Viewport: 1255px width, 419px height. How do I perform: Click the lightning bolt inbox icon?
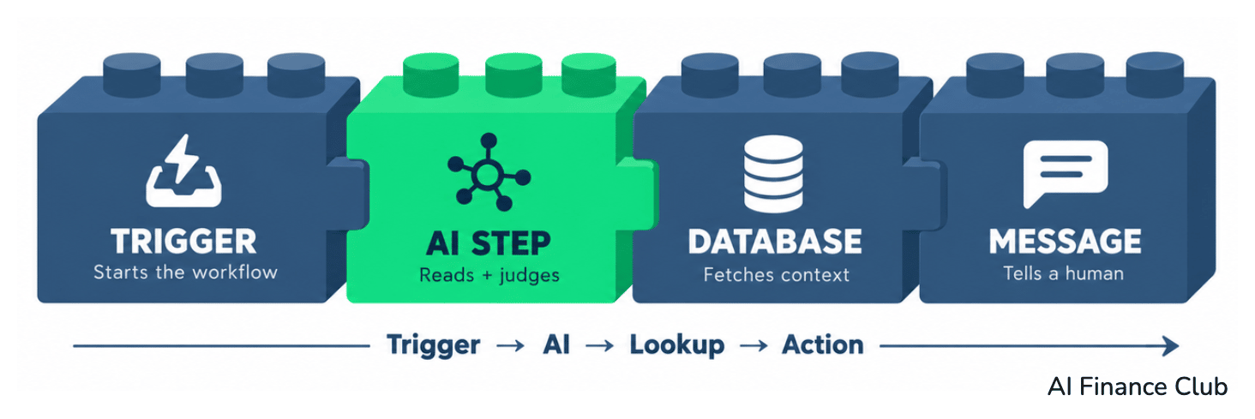tap(183, 171)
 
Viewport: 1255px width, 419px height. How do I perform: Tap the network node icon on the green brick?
tap(489, 172)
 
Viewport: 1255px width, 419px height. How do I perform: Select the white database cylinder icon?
tap(773, 174)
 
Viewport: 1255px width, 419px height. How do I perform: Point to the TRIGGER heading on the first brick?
tap(183, 242)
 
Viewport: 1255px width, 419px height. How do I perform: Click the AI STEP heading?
tap(488, 243)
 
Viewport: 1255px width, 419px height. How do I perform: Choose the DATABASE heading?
tap(775, 242)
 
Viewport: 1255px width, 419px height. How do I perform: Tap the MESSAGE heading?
tap(1065, 242)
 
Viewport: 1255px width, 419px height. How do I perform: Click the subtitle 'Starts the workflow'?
tap(185, 272)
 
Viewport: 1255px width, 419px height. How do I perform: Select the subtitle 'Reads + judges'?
tap(489, 276)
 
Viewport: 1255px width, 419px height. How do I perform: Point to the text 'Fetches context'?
tap(776, 274)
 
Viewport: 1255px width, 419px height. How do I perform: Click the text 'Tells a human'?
tap(1063, 273)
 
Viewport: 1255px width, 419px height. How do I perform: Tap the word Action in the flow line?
tap(823, 344)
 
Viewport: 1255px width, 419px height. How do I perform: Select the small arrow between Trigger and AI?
tap(511, 345)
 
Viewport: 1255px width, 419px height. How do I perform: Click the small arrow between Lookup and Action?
tap(754, 345)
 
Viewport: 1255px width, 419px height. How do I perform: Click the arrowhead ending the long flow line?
tap(1172, 345)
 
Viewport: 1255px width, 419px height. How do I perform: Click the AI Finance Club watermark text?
tap(1138, 386)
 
